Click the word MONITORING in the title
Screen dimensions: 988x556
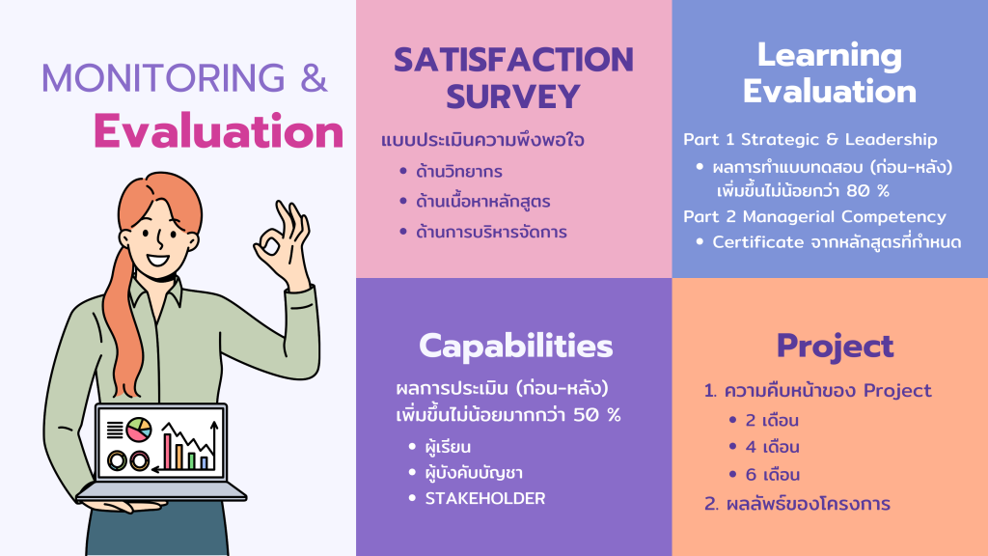(163, 77)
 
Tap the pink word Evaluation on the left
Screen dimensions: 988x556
(219, 131)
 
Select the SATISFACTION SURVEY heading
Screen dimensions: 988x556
(513, 77)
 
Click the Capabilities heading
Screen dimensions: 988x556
(515, 347)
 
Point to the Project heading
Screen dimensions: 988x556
(835, 347)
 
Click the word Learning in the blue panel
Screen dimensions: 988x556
(829, 55)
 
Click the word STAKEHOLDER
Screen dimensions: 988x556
(485, 498)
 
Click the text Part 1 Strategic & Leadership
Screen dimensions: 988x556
(810, 139)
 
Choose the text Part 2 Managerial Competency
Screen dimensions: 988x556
(814, 217)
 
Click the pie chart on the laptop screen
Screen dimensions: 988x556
(139, 430)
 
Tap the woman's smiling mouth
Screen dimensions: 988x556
(157, 259)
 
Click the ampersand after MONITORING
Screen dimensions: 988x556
(314, 77)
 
